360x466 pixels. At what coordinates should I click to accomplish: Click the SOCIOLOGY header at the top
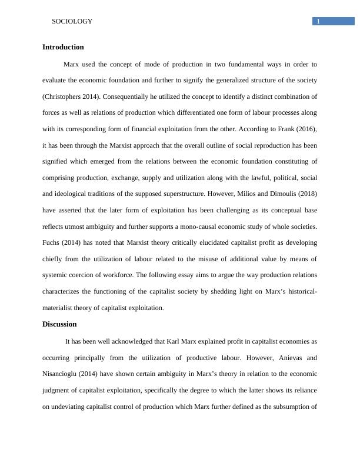(x=72, y=22)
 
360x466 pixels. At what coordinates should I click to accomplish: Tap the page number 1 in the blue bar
(x=318, y=22)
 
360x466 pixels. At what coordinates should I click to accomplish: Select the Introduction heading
(x=63, y=47)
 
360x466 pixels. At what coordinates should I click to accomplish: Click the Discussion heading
(x=59, y=324)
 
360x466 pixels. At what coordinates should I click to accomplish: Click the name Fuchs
(x=53, y=242)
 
